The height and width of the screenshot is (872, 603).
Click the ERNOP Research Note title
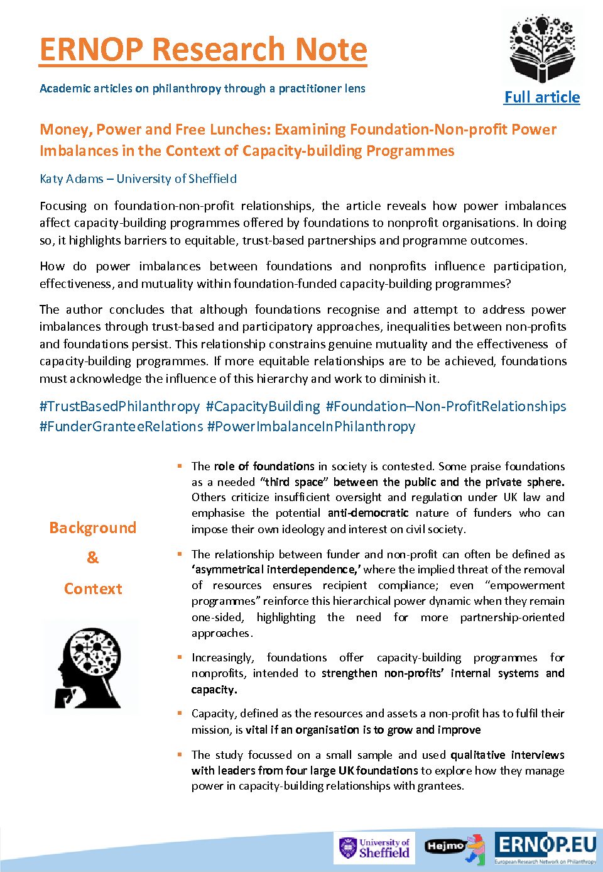point(203,50)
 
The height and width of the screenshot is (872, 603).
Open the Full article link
point(542,97)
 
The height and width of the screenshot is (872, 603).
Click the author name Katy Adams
point(71,179)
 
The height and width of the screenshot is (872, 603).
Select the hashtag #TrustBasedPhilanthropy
point(119,406)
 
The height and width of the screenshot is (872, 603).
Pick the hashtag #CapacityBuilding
point(263,406)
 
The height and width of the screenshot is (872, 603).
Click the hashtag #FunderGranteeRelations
point(121,426)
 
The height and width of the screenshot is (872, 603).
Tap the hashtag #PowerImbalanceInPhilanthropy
point(312,426)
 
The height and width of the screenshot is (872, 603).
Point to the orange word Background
point(92,527)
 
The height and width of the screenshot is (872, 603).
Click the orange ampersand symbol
point(92,558)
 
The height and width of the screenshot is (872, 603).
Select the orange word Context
point(93,589)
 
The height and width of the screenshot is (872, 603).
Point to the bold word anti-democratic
point(368,513)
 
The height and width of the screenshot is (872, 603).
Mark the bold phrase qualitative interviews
point(507,754)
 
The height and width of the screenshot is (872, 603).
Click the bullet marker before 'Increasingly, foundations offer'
point(179,657)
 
